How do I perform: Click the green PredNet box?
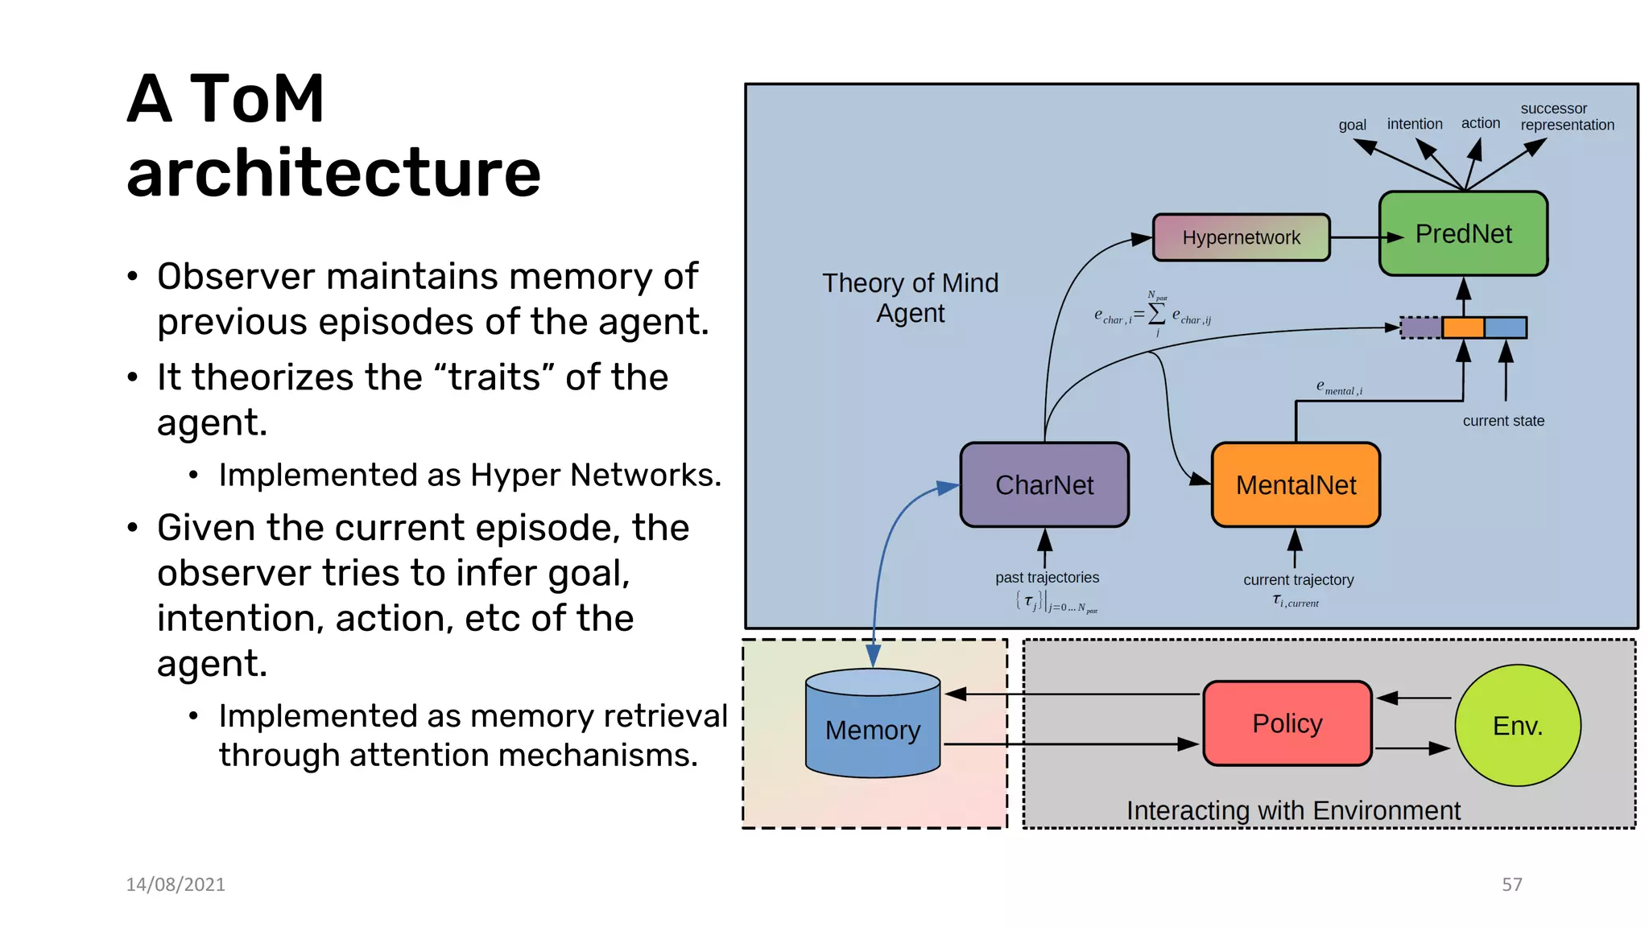coord(1463,234)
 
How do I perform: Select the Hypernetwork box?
coord(1241,237)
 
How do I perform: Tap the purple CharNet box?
coord(1044,485)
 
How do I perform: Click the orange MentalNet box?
coord(1296,485)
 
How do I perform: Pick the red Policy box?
coord(1287,723)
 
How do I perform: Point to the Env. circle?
coord(1518,725)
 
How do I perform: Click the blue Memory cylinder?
coord(873,729)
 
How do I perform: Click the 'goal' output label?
coord(1352,125)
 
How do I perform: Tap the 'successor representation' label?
coord(1566,117)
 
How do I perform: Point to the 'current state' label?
coord(1503,421)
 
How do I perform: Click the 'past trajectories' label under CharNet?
coord(1047,578)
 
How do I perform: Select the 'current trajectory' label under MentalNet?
coord(1298,580)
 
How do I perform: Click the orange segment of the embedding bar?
coord(1462,328)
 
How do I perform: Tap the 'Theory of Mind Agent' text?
coord(910,298)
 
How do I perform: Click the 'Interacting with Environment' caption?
coord(1293,810)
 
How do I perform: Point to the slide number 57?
coord(1511,884)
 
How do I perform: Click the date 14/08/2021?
coord(176,884)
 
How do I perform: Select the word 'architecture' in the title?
coord(333,173)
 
